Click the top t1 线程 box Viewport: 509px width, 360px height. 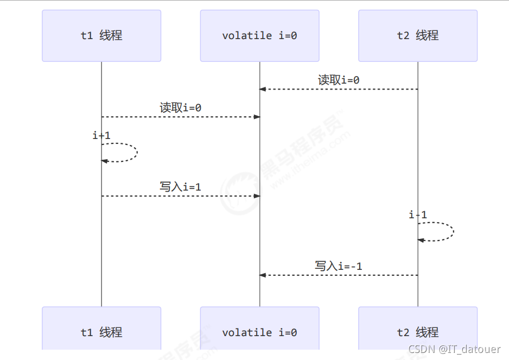coord(101,36)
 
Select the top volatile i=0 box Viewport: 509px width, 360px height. coord(259,36)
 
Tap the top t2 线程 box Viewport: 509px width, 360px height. coord(418,36)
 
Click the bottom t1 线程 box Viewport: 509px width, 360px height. coord(101,332)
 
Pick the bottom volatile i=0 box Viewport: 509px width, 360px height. coord(259,332)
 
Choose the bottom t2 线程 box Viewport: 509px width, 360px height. coord(418,332)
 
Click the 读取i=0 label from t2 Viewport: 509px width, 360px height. coord(339,80)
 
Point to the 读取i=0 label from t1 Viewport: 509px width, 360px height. coord(180,108)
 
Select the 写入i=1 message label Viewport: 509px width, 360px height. coord(180,187)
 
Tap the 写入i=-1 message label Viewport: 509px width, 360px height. coord(339,266)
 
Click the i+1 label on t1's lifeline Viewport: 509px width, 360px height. coord(101,136)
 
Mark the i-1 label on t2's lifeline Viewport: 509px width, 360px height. coord(418,215)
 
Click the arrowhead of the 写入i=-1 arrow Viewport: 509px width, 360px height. coord(263,275)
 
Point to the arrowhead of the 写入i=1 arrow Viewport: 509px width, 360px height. coord(257,196)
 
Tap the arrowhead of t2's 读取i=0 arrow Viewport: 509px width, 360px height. coord(263,89)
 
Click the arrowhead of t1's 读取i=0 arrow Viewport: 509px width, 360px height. coord(257,117)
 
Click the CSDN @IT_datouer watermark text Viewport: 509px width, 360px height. coord(454,349)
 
